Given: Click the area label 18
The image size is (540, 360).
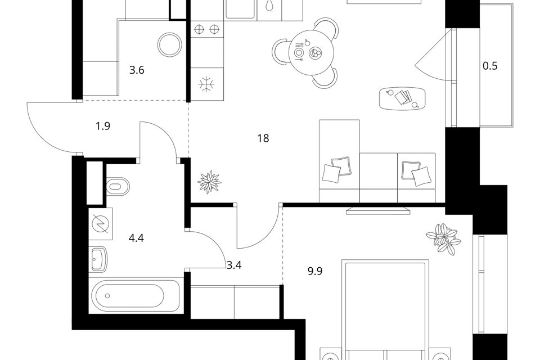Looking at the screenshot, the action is coord(263,138).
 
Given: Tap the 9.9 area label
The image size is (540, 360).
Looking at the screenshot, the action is coord(315,272).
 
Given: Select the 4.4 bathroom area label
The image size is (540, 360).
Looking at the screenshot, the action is coord(136,238).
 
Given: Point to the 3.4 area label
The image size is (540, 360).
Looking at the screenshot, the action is coord(234,265).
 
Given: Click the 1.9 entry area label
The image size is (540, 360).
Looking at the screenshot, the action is coord(103,127).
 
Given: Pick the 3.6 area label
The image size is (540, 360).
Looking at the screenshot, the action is coord(137,70).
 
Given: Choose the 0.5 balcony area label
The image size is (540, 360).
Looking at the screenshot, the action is coord(490,66).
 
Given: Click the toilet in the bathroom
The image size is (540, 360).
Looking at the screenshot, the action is coord(118,187).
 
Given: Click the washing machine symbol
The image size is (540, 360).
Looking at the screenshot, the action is coord(101,224).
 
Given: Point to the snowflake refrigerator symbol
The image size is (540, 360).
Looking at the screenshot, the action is coord(206,84).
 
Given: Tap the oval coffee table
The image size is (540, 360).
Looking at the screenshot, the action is coord(402,98).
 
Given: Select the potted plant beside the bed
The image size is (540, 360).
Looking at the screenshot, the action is coord(443,238).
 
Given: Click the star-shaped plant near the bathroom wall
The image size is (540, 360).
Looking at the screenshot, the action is coord(209,182).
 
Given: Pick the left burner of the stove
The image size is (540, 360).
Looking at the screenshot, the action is coord(199,29).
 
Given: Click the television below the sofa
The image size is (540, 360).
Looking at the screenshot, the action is coord(378,211).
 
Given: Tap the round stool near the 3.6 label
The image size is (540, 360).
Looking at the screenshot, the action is coord(170,44).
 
